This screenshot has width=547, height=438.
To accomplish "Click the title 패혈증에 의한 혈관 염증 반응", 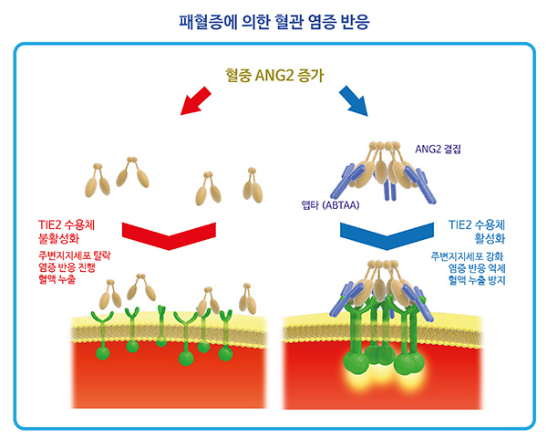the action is (274, 22).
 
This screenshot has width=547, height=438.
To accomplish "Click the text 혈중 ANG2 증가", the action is (274, 76).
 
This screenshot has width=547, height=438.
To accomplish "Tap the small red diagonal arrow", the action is (196, 101).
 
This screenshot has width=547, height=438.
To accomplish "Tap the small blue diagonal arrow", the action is (354, 101).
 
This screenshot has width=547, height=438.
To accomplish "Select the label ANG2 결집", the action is (438, 149).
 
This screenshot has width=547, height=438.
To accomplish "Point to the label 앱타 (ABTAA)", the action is (330, 204).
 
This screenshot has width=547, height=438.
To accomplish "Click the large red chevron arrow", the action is (169, 235).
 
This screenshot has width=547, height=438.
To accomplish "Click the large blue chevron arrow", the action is (387, 235).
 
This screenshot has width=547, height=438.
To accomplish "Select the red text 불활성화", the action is (58, 238).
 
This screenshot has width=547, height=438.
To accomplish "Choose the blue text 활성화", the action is (490, 238).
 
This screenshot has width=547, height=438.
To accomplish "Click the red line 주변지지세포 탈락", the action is (75, 255).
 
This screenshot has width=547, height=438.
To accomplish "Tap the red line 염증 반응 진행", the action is (67, 267).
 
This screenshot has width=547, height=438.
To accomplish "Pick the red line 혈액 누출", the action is (57, 279).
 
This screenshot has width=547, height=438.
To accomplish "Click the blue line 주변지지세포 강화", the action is (467, 256).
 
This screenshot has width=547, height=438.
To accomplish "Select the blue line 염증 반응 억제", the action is (477, 268).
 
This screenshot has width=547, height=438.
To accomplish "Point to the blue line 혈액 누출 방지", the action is (477, 280).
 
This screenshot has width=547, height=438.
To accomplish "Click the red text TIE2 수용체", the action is (67, 225).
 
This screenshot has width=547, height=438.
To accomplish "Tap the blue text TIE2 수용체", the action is (477, 225).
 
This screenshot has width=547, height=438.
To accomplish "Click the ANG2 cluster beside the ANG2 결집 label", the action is (384, 172).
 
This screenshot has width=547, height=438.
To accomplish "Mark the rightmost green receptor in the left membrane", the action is (225, 335).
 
